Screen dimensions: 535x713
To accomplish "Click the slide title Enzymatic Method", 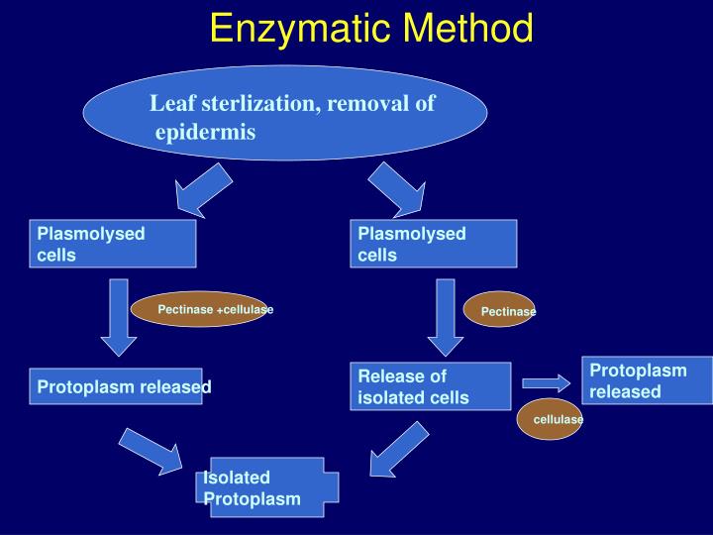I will [371, 28].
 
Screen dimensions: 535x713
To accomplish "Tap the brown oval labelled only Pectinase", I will [500, 311].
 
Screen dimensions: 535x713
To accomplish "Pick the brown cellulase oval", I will [551, 420].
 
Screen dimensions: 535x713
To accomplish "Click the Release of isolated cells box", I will [432, 386].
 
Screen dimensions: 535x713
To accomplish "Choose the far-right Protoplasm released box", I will [646, 379].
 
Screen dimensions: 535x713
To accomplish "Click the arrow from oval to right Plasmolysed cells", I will [397, 189].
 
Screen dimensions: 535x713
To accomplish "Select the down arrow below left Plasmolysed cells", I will [119, 318].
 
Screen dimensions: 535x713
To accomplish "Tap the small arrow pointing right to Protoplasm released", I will [546, 382].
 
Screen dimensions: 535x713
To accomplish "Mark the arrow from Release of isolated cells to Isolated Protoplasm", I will [400, 446].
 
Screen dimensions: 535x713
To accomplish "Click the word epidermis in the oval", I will [205, 132].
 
